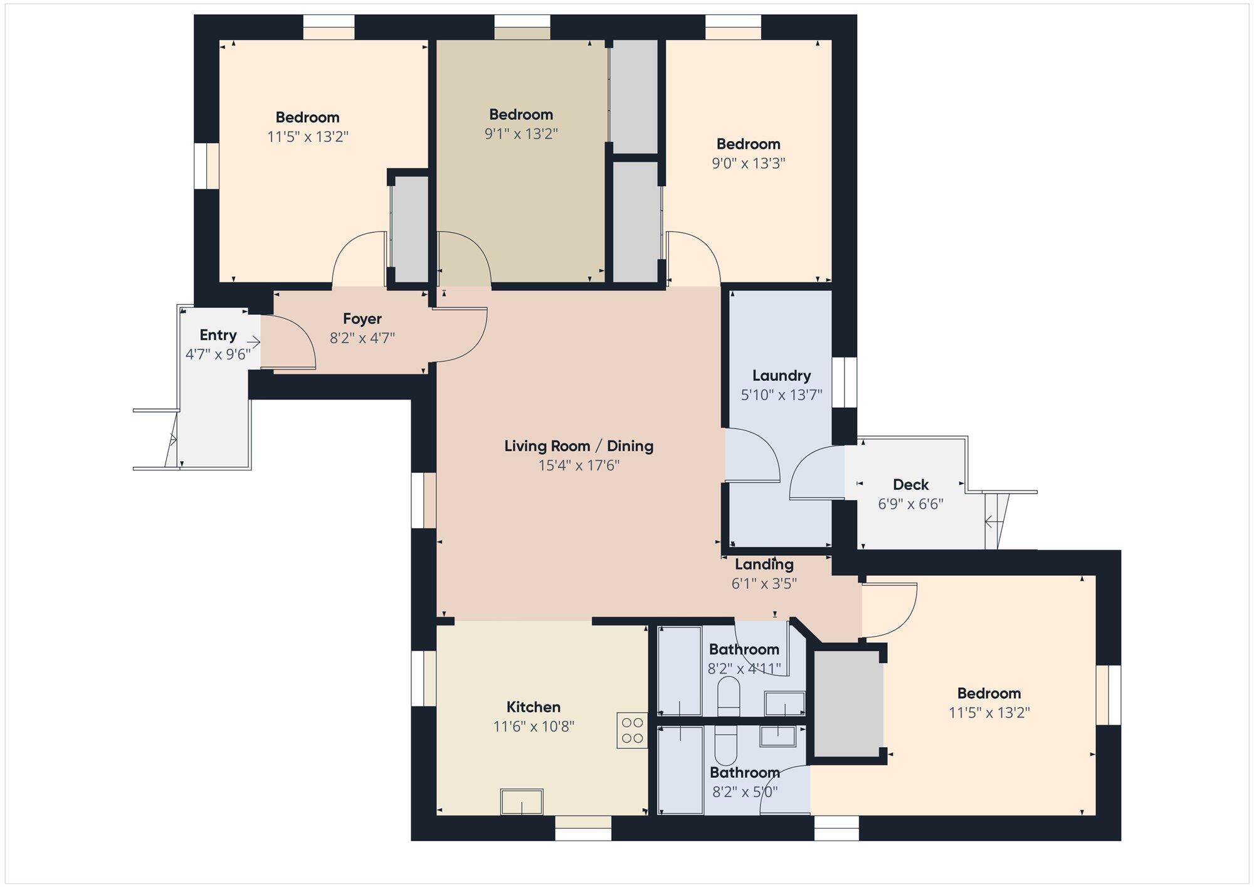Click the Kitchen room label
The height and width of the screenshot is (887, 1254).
[533, 707]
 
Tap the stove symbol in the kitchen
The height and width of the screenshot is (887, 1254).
[632, 730]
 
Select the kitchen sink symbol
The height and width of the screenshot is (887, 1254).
[522, 802]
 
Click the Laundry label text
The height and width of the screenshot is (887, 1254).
[781, 376]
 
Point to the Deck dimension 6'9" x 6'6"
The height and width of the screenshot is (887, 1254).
[910, 504]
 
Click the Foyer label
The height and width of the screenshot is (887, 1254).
[362, 319]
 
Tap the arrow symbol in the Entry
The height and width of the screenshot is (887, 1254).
[253, 343]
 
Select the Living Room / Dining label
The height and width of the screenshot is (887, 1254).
[579, 446]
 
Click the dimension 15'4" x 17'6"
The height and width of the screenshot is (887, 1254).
[579, 465]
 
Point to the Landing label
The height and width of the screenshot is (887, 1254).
[764, 565]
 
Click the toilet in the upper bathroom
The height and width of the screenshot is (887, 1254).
[729, 696]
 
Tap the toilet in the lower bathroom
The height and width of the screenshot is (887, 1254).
[727, 745]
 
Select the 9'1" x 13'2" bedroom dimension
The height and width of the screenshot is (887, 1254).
[521, 134]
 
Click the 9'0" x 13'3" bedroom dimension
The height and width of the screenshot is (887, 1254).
[749, 163]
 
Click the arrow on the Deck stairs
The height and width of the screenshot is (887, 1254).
[993, 521]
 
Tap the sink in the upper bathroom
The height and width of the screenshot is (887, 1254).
[785, 703]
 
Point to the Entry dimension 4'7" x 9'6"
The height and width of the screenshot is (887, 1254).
[218, 354]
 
